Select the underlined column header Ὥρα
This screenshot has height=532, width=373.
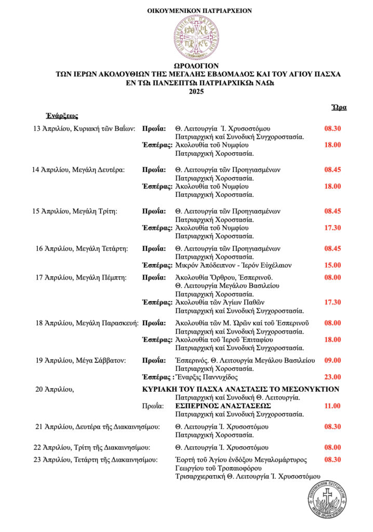tap(339, 108)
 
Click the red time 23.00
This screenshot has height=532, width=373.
tap(332, 377)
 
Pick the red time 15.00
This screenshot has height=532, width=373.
tap(332, 265)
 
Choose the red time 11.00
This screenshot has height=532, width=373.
tap(332, 405)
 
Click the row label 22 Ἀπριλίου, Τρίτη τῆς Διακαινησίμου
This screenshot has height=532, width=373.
tap(92, 447)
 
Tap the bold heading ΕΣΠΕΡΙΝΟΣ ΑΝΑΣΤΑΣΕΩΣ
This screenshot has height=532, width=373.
tap(223, 405)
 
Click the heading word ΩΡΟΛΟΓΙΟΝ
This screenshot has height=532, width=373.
tap(198, 66)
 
